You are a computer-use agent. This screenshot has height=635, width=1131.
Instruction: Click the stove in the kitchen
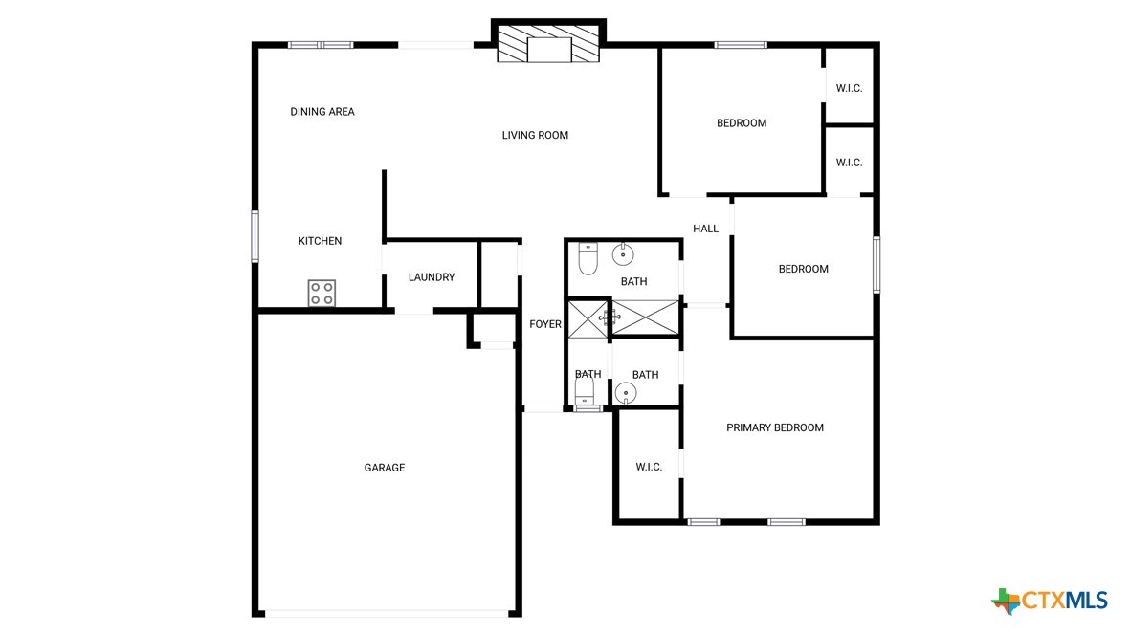tap(322, 294)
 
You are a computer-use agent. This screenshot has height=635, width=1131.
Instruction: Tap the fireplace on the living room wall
tap(548, 44)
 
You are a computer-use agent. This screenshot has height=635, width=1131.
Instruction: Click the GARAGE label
tap(385, 468)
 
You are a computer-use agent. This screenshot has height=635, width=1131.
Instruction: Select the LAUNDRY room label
tap(432, 276)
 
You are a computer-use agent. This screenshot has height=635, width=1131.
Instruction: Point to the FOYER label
tap(544, 324)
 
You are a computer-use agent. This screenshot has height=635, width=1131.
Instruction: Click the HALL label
tap(705, 229)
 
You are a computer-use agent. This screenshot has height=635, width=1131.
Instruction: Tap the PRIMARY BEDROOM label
tap(775, 427)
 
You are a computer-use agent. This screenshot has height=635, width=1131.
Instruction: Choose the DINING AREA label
tap(322, 112)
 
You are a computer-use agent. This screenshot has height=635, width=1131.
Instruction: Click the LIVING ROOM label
tap(535, 135)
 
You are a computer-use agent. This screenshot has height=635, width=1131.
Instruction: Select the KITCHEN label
tap(321, 241)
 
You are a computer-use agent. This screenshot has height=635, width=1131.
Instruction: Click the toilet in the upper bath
tap(588, 259)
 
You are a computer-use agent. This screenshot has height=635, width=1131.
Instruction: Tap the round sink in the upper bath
tap(623, 254)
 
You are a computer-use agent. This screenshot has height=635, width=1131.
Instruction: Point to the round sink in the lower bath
tap(626, 394)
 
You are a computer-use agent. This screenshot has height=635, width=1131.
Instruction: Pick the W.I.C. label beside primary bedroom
tap(649, 467)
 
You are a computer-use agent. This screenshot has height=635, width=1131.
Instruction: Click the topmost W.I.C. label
tap(849, 88)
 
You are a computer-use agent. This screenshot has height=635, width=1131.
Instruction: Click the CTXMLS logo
tap(1050, 601)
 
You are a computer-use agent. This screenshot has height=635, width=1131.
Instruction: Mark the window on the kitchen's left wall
tap(255, 236)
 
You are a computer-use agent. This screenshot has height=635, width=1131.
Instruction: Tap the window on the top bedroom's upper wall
tap(740, 45)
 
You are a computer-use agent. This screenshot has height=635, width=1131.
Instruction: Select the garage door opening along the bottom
tap(387, 614)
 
